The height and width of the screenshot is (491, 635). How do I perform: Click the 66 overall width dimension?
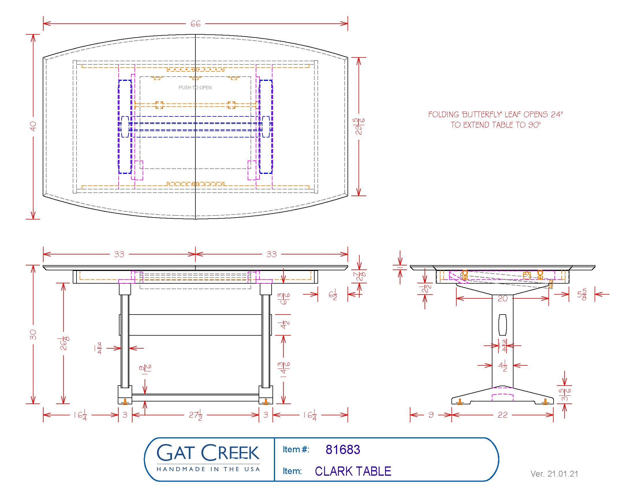point(195,24)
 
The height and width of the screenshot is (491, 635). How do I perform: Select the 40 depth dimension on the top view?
point(33,126)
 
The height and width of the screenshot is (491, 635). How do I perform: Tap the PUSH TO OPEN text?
point(195,88)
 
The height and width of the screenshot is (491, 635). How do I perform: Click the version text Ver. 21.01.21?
point(554,474)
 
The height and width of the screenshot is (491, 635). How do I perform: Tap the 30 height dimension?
point(33,334)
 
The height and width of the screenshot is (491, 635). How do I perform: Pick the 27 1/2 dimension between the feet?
point(196,415)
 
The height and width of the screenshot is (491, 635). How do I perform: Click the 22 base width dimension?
point(502,415)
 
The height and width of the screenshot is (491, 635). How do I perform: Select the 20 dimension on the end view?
point(502,298)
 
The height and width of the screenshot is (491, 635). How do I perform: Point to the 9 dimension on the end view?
point(431,415)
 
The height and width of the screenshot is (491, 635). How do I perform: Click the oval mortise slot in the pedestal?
point(502,324)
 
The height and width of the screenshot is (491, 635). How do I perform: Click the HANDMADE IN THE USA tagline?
point(208,469)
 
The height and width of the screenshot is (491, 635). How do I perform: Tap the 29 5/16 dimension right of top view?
point(360,126)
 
